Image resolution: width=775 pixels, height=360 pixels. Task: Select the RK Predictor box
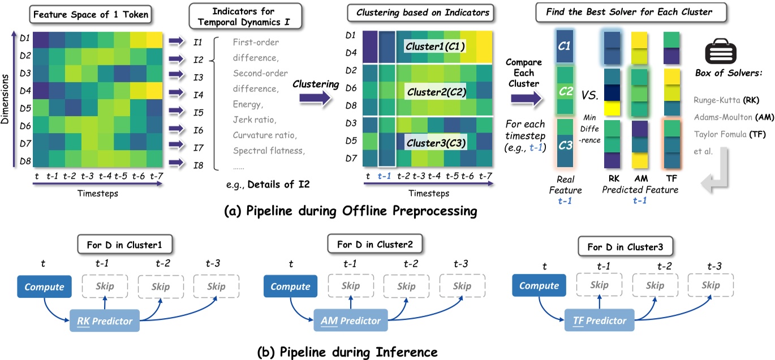[105, 321]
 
